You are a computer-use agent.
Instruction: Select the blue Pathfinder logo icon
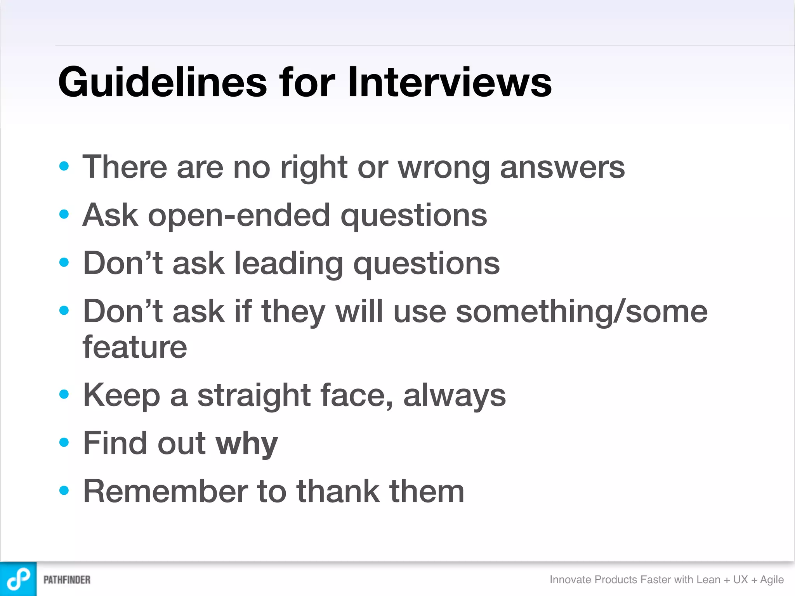18,579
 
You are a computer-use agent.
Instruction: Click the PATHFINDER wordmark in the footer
67,580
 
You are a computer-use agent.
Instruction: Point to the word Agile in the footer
772,580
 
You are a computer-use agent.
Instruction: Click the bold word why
246,444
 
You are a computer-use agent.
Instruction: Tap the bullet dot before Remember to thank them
64,490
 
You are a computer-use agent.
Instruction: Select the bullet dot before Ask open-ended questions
64,214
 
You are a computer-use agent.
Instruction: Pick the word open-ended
239,216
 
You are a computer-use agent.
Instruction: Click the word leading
289,264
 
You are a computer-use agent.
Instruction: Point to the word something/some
581,312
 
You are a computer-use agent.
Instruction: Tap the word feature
135,347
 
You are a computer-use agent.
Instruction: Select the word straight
254,396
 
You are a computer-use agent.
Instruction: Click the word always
454,396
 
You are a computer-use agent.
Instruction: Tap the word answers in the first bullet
562,168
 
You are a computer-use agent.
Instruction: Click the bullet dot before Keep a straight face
64,394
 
